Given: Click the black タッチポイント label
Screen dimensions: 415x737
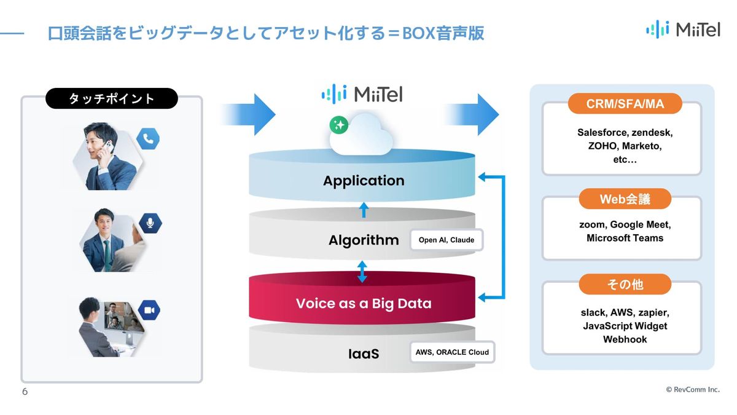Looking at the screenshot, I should pos(111,98).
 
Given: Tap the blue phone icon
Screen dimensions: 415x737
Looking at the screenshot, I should pos(148,140).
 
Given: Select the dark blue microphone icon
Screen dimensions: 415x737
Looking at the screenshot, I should pos(150,222).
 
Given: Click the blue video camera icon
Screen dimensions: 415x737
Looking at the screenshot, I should pos(149,310).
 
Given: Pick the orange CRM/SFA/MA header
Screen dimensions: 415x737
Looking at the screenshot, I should pos(625,104).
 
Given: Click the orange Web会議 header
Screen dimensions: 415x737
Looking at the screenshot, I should pos(625,199).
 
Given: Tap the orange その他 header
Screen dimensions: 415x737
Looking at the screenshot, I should pos(625,284).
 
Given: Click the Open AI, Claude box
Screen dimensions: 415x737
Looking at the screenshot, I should pos(446,240).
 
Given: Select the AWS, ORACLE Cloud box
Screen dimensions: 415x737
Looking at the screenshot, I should pos(452,352).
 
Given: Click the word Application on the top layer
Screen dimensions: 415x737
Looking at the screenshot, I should pos(364,181).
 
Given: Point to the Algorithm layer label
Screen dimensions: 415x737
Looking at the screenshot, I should pos(364,240).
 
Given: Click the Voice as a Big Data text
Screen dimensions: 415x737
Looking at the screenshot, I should pos(364,303).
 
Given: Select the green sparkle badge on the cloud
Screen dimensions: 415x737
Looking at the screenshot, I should pos(338,125).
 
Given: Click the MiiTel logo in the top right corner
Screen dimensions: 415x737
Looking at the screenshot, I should pos(683,29).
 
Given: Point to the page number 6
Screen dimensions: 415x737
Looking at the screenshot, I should pos(25,392).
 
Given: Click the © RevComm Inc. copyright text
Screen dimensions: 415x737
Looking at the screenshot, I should pos(693,390).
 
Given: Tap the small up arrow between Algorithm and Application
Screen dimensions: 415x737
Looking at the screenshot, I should pos(363,210).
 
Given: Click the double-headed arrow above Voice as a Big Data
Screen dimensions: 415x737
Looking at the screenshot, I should pos(362,271).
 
